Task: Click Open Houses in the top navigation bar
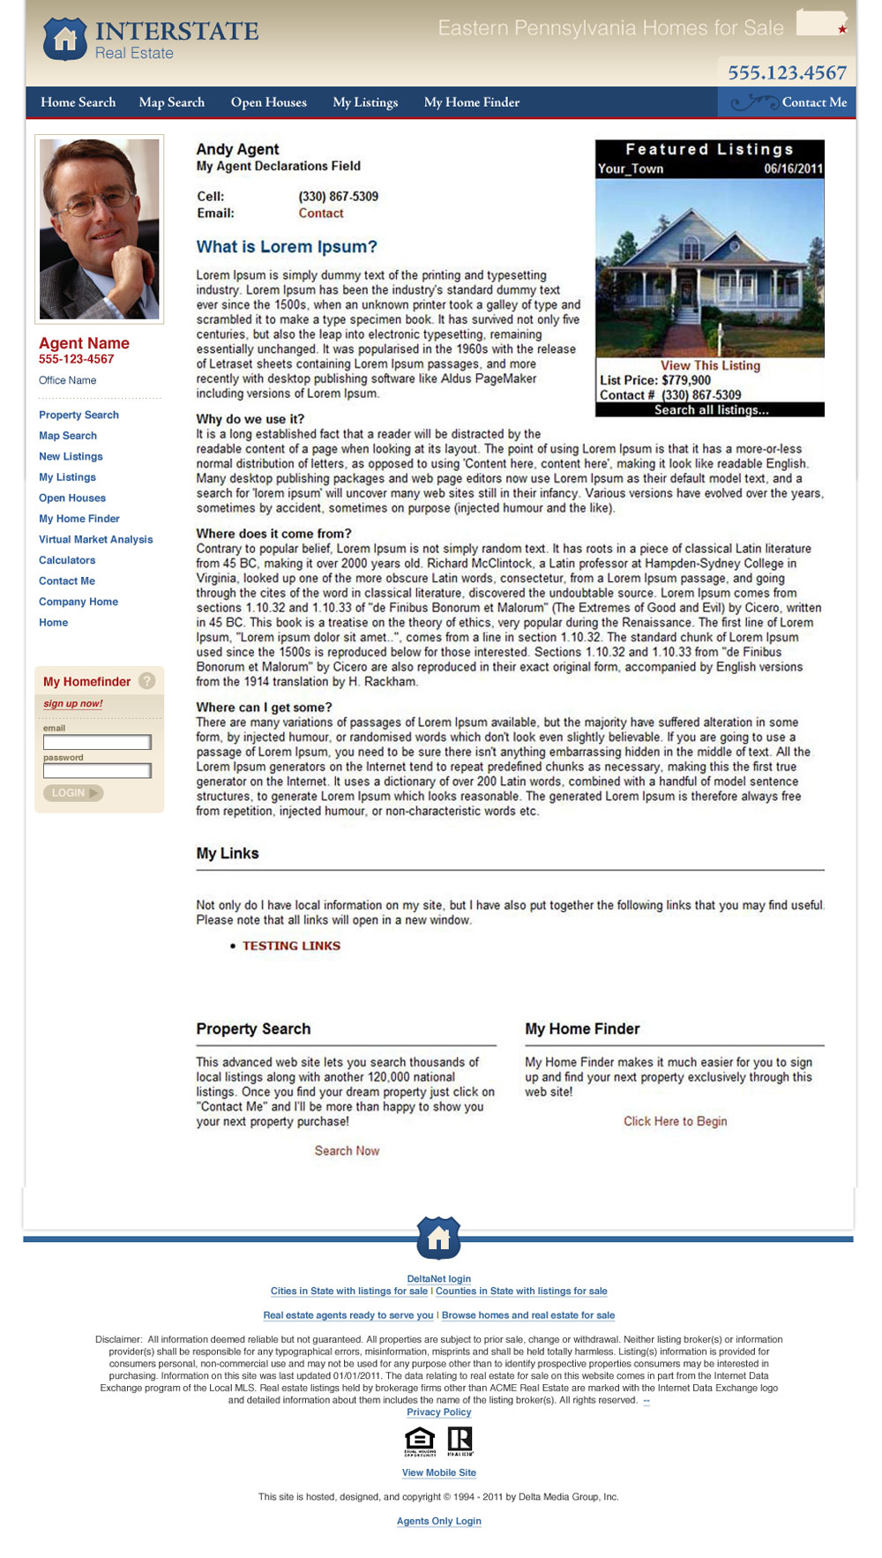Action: coord(268,102)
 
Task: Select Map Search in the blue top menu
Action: coord(171,102)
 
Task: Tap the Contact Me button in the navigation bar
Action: coord(813,102)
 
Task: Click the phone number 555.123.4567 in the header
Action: coord(787,72)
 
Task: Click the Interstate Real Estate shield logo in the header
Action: coord(64,39)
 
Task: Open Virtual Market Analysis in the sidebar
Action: coord(95,540)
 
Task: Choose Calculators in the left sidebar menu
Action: coord(67,560)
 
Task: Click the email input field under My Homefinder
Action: coord(97,742)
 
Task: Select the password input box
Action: coord(97,771)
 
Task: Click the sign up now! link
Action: coord(73,704)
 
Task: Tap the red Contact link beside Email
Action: coord(320,213)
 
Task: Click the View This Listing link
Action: coord(710,365)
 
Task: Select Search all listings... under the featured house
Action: coord(711,410)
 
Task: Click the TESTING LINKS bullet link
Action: coord(291,946)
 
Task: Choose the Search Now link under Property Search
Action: coord(347,1150)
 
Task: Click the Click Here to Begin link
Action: coord(675,1121)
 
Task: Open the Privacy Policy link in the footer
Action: coord(438,1412)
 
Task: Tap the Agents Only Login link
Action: coord(438,1521)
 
